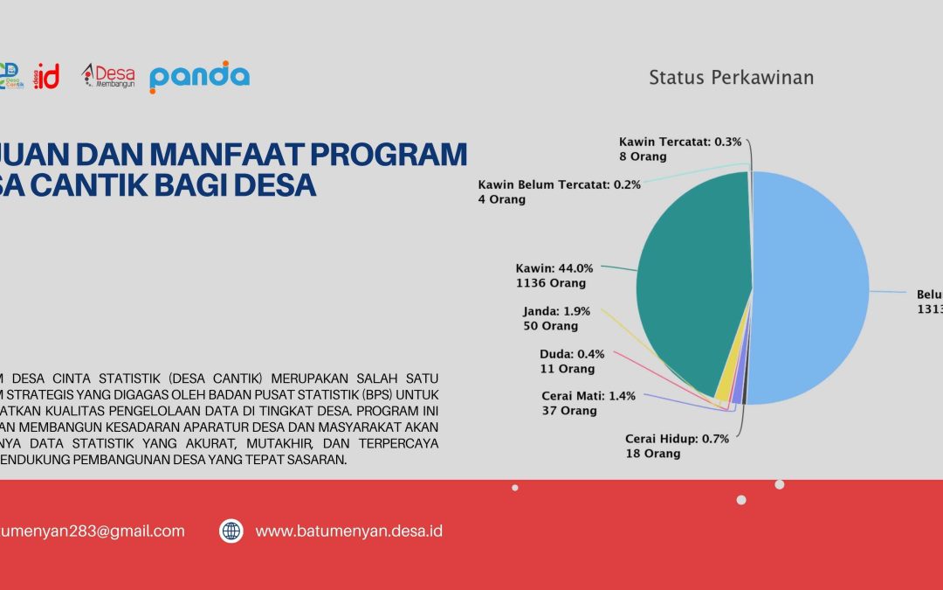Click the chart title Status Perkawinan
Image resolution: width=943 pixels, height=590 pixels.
pyautogui.click(x=731, y=78)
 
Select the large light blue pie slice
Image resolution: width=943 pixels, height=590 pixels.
pyautogui.click(x=812, y=288)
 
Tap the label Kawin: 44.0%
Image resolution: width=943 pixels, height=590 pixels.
pyautogui.click(x=554, y=268)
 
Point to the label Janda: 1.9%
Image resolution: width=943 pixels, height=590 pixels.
pyautogui.click(x=557, y=311)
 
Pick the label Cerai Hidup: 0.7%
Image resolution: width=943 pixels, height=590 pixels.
pyautogui.click(x=677, y=439)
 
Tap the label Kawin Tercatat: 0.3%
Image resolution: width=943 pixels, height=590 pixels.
pyautogui.click(x=680, y=142)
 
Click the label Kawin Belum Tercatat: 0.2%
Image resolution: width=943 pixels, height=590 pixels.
pyautogui.click(x=560, y=184)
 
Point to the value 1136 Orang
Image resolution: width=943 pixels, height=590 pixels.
pyautogui.click(x=551, y=283)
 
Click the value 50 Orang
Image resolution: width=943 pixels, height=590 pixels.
pyautogui.click(x=550, y=326)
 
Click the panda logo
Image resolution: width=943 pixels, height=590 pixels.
pyautogui.click(x=199, y=77)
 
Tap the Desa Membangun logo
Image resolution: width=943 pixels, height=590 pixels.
pyautogui.click(x=108, y=77)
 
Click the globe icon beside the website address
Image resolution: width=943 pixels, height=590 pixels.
pyautogui.click(x=231, y=531)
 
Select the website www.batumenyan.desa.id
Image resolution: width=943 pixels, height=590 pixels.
pyautogui.click(x=348, y=531)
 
